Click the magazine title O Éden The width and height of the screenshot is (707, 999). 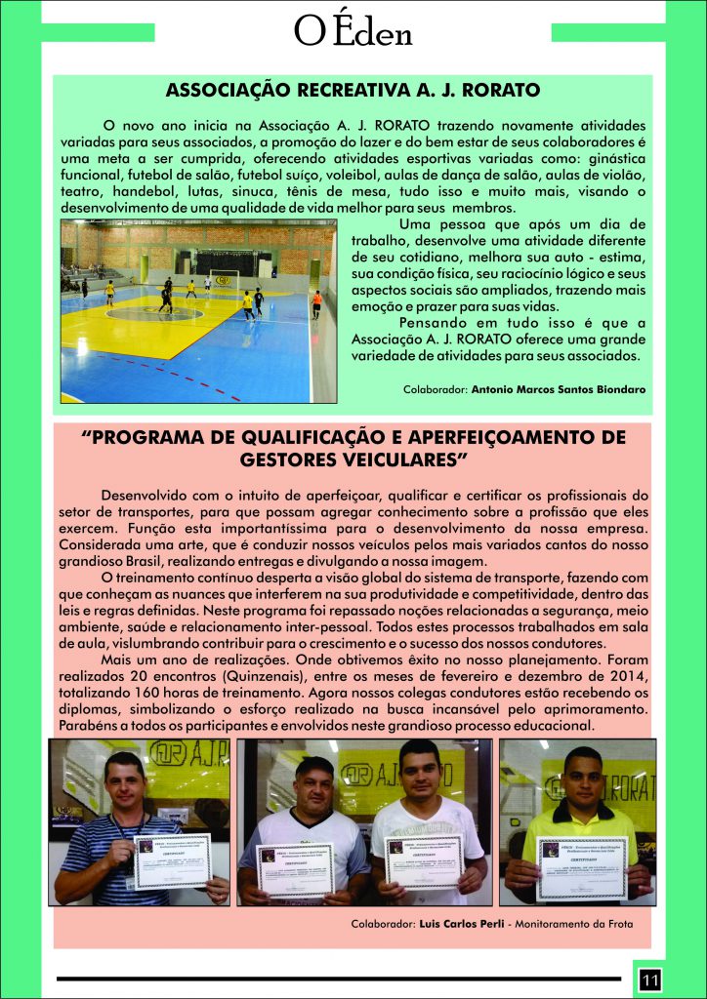353,32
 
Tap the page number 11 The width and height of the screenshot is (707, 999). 650,977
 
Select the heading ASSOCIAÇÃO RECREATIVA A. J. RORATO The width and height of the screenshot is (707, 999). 353,92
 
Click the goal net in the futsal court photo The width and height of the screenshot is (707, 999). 224,279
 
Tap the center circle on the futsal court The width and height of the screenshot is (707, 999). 154,313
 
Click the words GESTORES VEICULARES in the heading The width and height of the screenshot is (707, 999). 353,458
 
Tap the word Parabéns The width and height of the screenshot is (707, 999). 85,727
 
